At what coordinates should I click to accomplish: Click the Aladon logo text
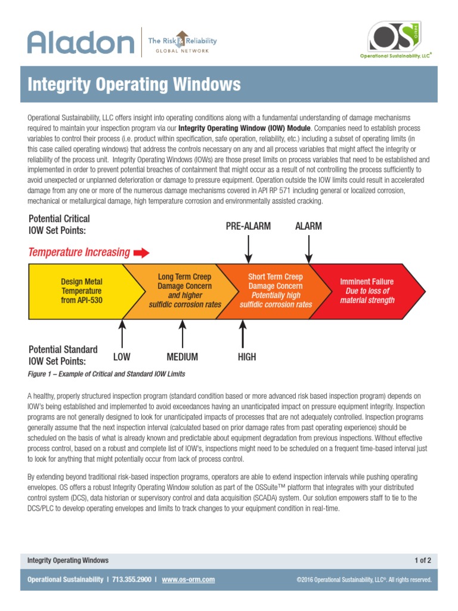[x=81, y=43]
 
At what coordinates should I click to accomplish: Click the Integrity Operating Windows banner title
[x=134, y=85]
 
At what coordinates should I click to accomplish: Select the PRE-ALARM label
[x=248, y=226]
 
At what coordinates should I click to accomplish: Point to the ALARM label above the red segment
[x=308, y=226]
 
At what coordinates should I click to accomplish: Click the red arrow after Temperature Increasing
[x=141, y=253]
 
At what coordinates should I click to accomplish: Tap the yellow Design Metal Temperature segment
[x=82, y=291]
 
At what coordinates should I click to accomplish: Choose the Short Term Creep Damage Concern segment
[x=276, y=291]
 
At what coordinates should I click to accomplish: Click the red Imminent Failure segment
[x=367, y=291]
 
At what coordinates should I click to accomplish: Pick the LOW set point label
[x=122, y=357]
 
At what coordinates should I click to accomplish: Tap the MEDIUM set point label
[x=182, y=357]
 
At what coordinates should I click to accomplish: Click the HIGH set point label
[x=246, y=357]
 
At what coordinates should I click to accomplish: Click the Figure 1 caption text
[x=107, y=374]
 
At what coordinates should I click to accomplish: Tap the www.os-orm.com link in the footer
[x=188, y=579]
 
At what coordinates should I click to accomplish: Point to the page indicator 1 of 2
[x=422, y=560]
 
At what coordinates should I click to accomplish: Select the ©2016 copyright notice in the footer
[x=364, y=580]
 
